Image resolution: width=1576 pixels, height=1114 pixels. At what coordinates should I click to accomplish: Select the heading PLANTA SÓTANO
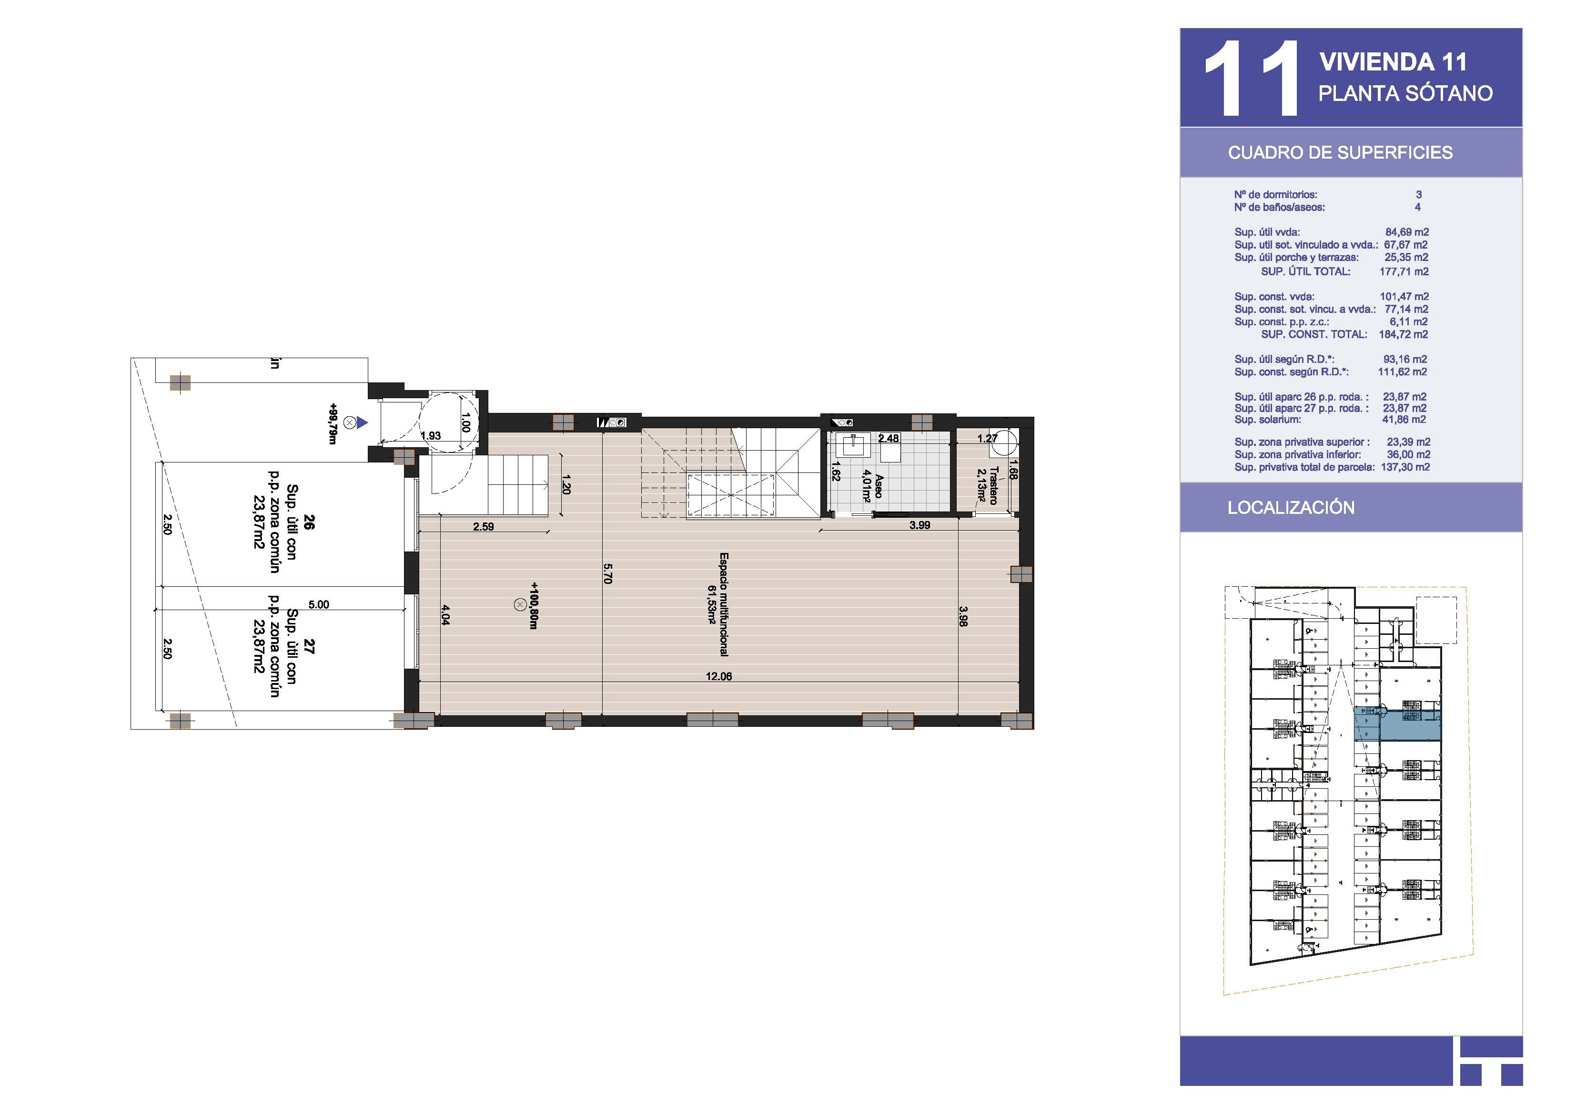pos(1405,93)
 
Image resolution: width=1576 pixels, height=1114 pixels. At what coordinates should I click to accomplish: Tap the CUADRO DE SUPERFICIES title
pos(1340,152)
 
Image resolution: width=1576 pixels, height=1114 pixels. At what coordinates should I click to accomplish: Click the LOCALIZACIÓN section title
pos(1291,508)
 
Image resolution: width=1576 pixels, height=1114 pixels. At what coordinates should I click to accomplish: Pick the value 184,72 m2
pos(1403,335)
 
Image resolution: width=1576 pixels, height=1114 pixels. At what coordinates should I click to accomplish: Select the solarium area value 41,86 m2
pos(1404,420)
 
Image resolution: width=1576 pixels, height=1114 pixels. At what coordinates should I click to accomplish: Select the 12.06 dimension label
pos(718,677)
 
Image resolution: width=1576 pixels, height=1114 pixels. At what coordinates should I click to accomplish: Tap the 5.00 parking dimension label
pos(319,605)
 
